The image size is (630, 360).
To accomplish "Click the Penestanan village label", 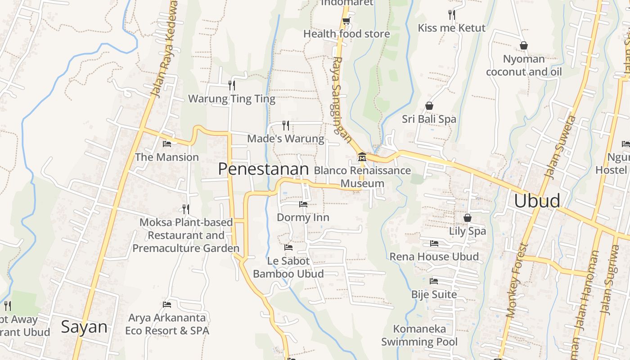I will tap(263, 169).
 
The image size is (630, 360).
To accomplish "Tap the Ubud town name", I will tap(537, 201).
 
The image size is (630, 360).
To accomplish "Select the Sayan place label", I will tap(84, 327).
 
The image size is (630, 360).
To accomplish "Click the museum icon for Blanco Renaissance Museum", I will tap(362, 157).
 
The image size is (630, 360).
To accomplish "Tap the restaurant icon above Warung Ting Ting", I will tap(232, 85).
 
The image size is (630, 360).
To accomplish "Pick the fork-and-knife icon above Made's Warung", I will tap(286, 125).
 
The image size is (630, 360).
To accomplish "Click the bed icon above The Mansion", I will tap(167, 144).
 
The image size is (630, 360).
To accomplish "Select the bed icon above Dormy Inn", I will tap(303, 204).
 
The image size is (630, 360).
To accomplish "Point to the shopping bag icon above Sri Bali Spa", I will tap(429, 106).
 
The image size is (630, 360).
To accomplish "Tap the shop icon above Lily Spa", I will tap(468, 218).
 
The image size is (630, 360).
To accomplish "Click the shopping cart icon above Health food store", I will tap(346, 21).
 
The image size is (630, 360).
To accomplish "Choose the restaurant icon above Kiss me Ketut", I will tap(452, 15).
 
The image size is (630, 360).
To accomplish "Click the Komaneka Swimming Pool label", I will tap(419, 335).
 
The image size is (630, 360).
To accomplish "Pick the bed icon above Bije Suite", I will tap(434, 281).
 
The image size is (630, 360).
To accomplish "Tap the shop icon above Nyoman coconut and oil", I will tap(524, 45).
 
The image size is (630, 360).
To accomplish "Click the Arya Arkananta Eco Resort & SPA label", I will tap(167, 324).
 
